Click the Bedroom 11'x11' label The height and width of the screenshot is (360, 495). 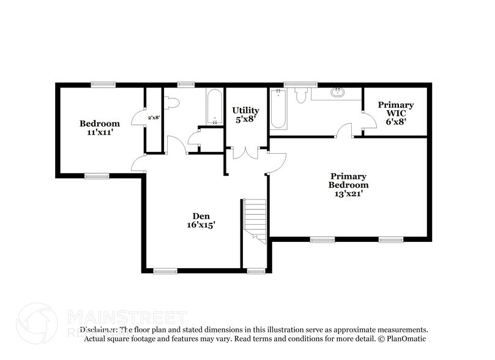coord(100,127)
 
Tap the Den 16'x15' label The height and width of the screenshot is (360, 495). coord(201,220)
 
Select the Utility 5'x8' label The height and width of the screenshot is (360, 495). coord(245,114)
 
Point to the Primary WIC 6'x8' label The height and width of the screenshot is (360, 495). coord(395,113)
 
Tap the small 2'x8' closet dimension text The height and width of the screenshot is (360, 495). coord(154,118)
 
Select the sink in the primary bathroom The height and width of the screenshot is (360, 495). coord(337,93)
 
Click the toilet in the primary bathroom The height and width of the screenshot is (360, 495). coord(300,95)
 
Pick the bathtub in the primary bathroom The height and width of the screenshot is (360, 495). coord(278,109)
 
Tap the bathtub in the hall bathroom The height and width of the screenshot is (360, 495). coord(214,108)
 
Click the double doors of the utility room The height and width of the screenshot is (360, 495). coord(246,152)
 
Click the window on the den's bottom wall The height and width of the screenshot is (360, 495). coord(165,271)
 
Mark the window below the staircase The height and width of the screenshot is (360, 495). coord(254,271)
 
